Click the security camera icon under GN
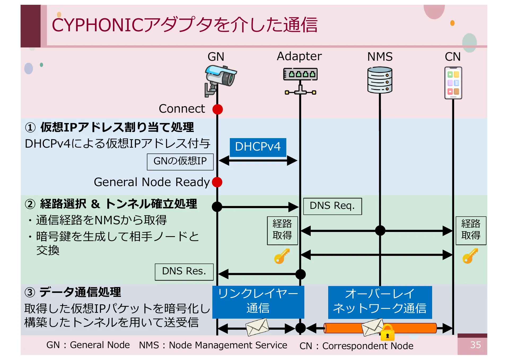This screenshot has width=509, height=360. click(x=220, y=80)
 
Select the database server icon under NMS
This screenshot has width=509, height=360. click(x=380, y=80)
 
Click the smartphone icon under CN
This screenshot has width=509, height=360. click(x=453, y=83)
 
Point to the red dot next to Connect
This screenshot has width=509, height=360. click(x=218, y=109)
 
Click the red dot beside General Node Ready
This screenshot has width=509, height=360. click(x=217, y=182)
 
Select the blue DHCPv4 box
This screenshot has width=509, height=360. click(x=258, y=147)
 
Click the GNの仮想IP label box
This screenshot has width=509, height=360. click(x=180, y=161)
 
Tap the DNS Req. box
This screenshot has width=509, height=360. click(x=332, y=206)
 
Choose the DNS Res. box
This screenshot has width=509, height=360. click(x=184, y=271)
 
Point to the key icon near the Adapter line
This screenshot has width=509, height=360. click(x=282, y=256)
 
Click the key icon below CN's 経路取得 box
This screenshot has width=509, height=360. click(x=470, y=256)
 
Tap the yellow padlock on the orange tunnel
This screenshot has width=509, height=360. click(x=387, y=333)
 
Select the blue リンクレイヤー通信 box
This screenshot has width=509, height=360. click(x=258, y=302)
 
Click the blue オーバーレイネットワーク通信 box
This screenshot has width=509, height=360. click(x=380, y=302)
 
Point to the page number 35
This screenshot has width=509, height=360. click(x=475, y=345)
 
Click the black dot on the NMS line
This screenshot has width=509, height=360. click(x=380, y=230)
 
